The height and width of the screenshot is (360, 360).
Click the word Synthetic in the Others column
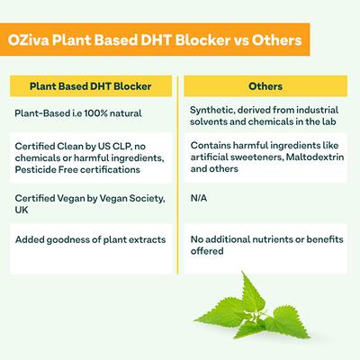point(213,110)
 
